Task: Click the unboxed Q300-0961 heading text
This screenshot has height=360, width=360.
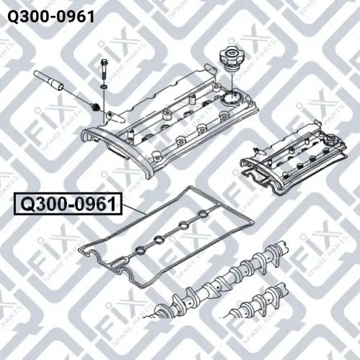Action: point(51,17)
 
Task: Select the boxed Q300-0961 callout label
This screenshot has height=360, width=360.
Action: point(68,203)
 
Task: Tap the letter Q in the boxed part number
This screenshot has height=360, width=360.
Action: point(27,204)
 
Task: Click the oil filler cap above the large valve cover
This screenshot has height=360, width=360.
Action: point(229,59)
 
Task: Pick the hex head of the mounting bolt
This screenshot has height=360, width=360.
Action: point(104,62)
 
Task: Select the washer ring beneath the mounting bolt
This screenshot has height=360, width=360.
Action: point(104,87)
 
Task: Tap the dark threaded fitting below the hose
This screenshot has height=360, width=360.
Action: point(96,107)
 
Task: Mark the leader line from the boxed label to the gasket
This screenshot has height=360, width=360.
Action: point(133,209)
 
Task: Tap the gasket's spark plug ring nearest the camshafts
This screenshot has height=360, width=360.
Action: point(140,251)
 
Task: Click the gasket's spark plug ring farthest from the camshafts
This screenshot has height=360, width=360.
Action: point(203,214)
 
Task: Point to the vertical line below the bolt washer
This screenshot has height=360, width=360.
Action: point(104,106)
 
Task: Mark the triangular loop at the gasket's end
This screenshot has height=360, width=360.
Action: point(120,263)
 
